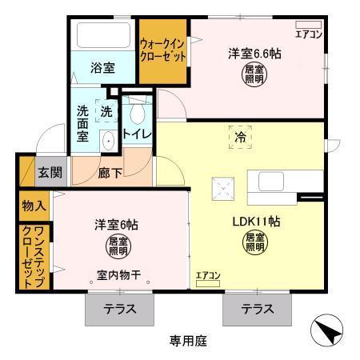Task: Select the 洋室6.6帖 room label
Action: point(254,54)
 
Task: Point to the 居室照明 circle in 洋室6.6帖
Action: point(253,74)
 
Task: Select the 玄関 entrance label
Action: point(47,171)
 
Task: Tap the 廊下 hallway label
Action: point(110,171)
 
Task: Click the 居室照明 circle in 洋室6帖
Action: point(117,246)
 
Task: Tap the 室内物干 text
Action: point(118,275)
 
